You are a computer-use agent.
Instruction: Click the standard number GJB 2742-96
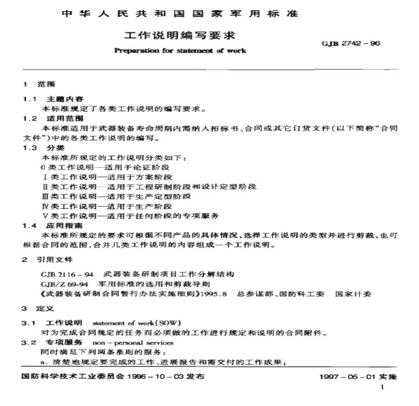pyautogui.click(x=351, y=43)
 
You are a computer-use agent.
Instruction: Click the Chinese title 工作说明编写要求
pyautogui.click(x=180, y=36)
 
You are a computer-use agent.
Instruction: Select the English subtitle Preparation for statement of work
pyautogui.click(x=180, y=50)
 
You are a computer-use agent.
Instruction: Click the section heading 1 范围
pyautogui.click(x=36, y=84)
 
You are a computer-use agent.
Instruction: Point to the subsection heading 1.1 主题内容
pyautogui.click(x=52, y=99)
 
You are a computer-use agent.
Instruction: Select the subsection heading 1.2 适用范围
pyautogui.click(x=52, y=118)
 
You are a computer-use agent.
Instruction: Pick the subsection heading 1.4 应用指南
pyautogui.click(x=52, y=225)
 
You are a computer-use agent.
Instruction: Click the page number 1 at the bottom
pyautogui.click(x=382, y=387)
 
